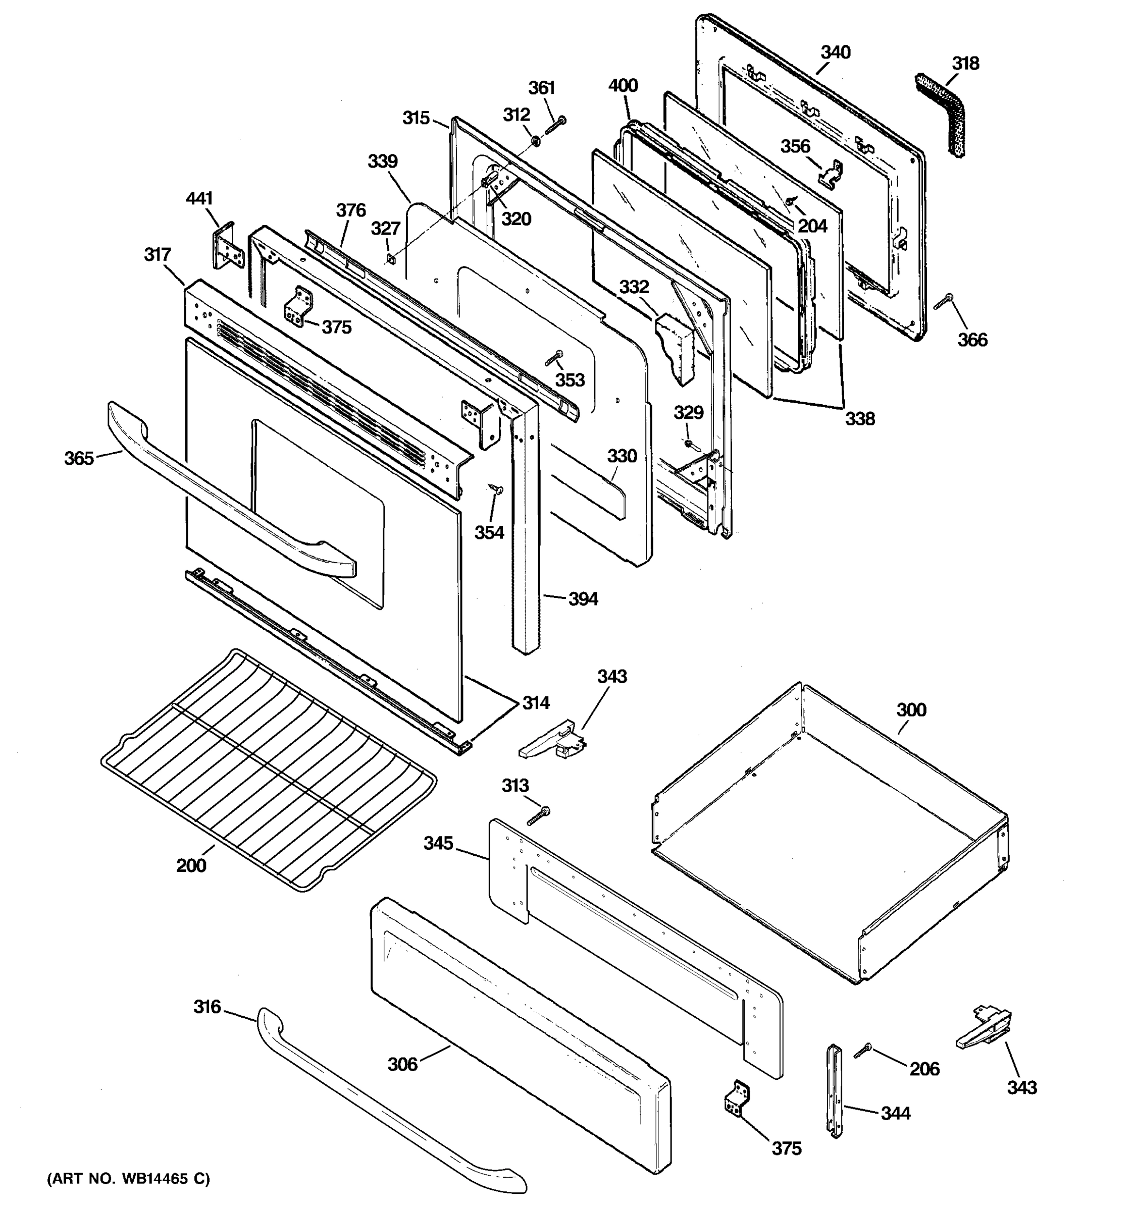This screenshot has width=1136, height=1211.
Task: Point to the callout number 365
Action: click(79, 458)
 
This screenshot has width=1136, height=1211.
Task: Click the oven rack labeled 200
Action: click(268, 770)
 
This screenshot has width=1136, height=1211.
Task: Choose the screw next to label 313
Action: click(537, 815)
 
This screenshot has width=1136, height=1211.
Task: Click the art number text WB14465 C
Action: click(128, 1179)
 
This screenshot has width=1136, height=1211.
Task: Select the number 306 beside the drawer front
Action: click(402, 1064)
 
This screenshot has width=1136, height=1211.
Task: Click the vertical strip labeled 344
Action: click(833, 1099)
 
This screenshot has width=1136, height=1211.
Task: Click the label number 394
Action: click(583, 599)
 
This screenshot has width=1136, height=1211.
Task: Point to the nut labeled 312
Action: click(535, 141)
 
